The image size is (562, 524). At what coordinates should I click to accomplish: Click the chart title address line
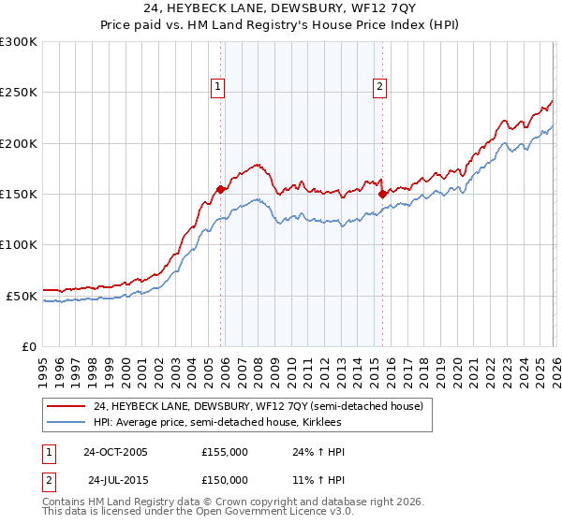(x=281, y=9)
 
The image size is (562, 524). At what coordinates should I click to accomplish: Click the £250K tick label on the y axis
(x=19, y=93)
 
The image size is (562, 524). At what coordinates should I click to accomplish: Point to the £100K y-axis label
(x=19, y=244)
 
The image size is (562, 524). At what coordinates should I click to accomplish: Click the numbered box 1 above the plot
(x=217, y=87)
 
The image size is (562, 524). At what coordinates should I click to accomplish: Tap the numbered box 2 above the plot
(x=380, y=87)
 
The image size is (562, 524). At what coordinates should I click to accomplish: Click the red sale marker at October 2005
(x=221, y=189)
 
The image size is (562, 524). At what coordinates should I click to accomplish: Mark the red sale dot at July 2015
(x=382, y=195)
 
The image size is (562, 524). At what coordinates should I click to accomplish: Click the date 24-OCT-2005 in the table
(x=115, y=452)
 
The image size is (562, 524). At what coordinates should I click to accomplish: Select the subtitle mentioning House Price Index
(x=281, y=26)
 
